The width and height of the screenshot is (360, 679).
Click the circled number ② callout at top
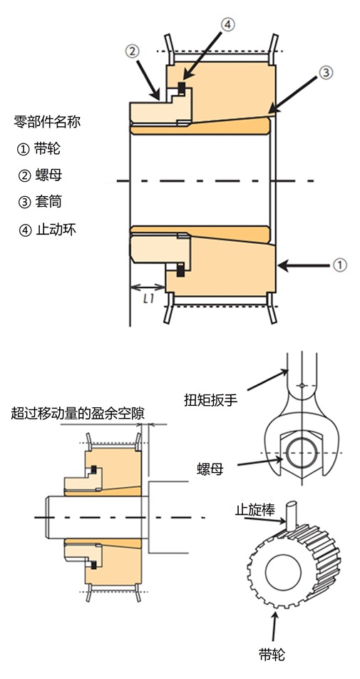coord(133,51)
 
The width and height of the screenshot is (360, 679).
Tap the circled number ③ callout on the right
coord(324,72)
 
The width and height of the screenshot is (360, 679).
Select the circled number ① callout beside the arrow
coord(339,265)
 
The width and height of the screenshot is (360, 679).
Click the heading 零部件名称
coord(47,121)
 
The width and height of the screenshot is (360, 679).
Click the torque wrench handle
coord(302,374)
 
